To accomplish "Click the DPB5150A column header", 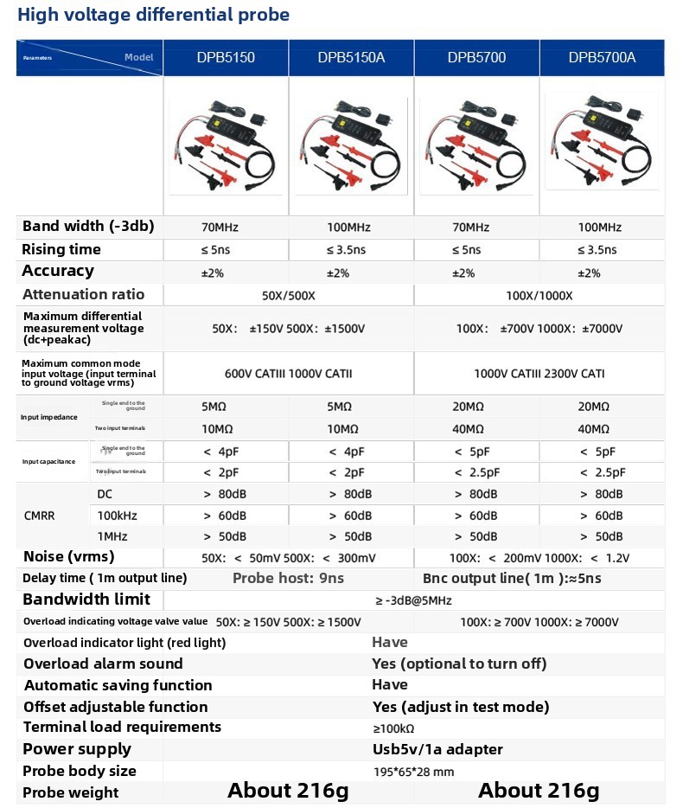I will point(351,58).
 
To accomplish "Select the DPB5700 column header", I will point(476,58).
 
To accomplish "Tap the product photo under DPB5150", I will point(226,144).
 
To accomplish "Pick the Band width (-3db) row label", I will point(88,227).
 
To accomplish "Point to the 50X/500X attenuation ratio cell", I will point(289,295).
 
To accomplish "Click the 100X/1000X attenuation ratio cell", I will point(539,295).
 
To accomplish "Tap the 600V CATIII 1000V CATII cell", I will point(288,374).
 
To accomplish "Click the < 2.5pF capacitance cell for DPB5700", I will point(476,472).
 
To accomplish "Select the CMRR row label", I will point(39,516).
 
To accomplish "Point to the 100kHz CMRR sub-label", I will point(118,516).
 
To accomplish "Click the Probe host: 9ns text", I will point(288,579).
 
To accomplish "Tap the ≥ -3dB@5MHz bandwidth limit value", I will point(413,600).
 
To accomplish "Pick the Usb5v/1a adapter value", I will point(437,749).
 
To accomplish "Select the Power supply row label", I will point(77,749).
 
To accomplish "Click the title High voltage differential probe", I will point(154,15).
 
